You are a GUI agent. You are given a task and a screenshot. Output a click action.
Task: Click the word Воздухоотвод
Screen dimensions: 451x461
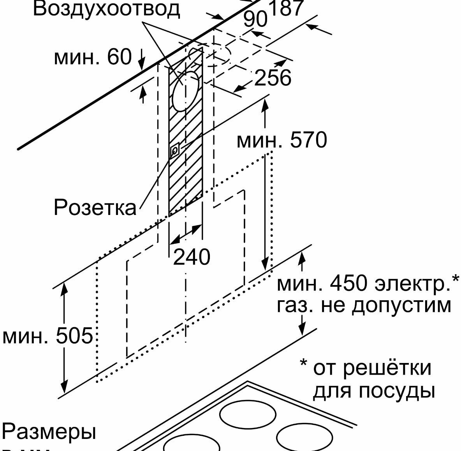pos(106,9)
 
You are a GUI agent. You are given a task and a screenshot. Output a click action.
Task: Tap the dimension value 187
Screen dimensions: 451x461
pos(286,8)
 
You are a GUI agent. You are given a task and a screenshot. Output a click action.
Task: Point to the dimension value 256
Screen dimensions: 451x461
pos(273,78)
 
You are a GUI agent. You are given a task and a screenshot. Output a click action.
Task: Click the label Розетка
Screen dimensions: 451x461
pos(95,207)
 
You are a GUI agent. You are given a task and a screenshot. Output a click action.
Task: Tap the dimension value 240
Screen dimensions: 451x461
pos(191,257)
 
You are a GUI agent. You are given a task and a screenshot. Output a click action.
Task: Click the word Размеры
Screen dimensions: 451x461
pos(49,432)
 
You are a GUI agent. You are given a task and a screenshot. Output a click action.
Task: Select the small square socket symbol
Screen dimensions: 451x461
pos(175,150)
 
